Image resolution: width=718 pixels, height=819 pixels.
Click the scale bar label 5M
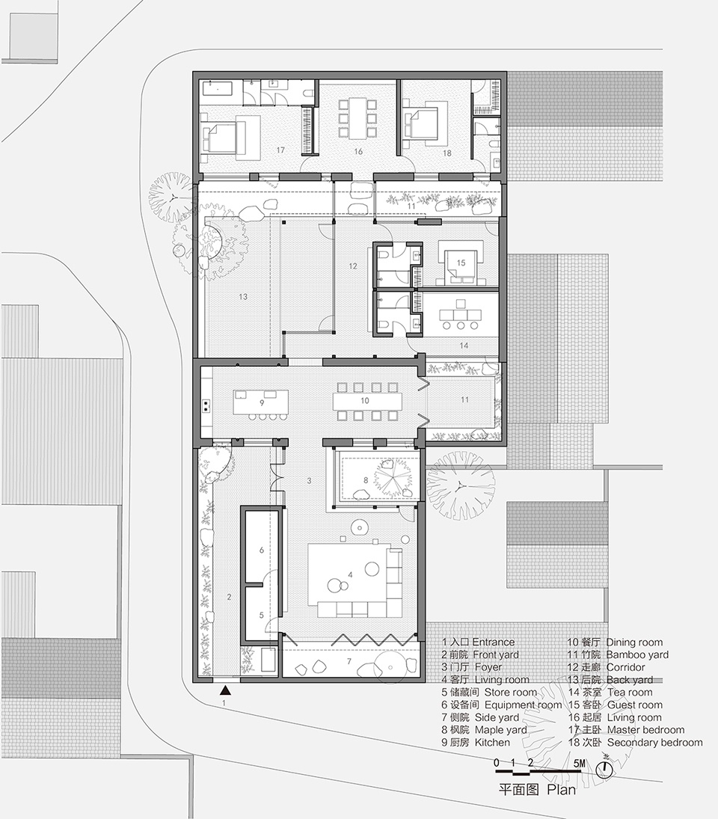580,763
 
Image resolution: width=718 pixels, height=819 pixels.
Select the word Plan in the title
562,789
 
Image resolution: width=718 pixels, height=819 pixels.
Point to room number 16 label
358,151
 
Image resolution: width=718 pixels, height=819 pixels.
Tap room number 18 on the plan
447,153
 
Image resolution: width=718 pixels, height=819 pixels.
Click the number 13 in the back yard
242,297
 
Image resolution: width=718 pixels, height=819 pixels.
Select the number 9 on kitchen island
263,402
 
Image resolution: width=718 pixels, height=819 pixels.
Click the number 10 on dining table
365,401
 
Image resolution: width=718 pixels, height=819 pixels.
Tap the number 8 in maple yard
366,480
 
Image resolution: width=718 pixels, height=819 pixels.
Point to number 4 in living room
349,574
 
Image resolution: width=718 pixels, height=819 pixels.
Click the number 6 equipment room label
261,550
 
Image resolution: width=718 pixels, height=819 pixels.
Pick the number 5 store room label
261,616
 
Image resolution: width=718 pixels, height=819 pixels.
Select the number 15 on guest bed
461,263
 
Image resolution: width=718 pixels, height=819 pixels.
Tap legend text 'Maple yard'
500,730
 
